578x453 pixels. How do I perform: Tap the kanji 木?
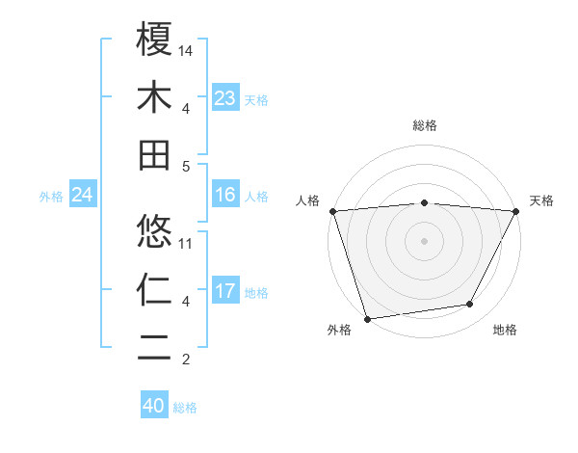155,97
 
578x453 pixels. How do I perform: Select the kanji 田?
155,155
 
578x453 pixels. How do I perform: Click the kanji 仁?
155,290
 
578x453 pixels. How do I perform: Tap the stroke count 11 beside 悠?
187,243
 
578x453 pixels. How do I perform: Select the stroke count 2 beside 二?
187,360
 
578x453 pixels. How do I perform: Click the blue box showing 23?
224,98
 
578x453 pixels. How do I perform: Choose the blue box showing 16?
224,196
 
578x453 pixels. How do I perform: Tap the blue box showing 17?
224,292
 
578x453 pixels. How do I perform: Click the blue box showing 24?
82,196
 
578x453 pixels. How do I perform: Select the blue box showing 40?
153,407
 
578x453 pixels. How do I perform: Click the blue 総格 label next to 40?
185,408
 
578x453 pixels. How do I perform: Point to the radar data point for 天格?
516,210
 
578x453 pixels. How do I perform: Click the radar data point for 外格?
367,318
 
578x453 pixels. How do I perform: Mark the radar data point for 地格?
470,305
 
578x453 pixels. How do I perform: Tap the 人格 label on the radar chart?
308,200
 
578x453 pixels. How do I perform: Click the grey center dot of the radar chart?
424,240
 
